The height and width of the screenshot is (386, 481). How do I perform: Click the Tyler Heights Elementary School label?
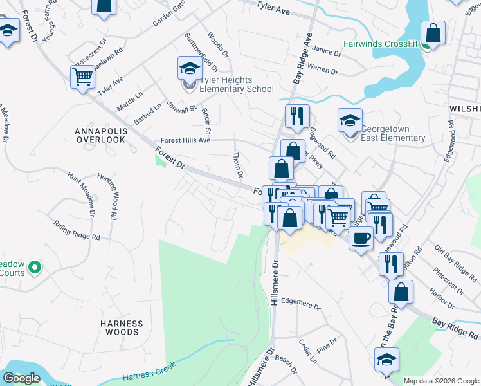[x=236, y=84]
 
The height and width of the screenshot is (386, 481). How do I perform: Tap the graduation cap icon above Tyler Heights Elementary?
[x=190, y=69]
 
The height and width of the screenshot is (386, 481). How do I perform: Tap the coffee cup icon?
[x=360, y=238]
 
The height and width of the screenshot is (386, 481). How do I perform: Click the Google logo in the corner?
[x=22, y=378]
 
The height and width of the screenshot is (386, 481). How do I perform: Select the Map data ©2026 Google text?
[x=441, y=381]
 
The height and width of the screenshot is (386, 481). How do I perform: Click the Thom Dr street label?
[x=238, y=165]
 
